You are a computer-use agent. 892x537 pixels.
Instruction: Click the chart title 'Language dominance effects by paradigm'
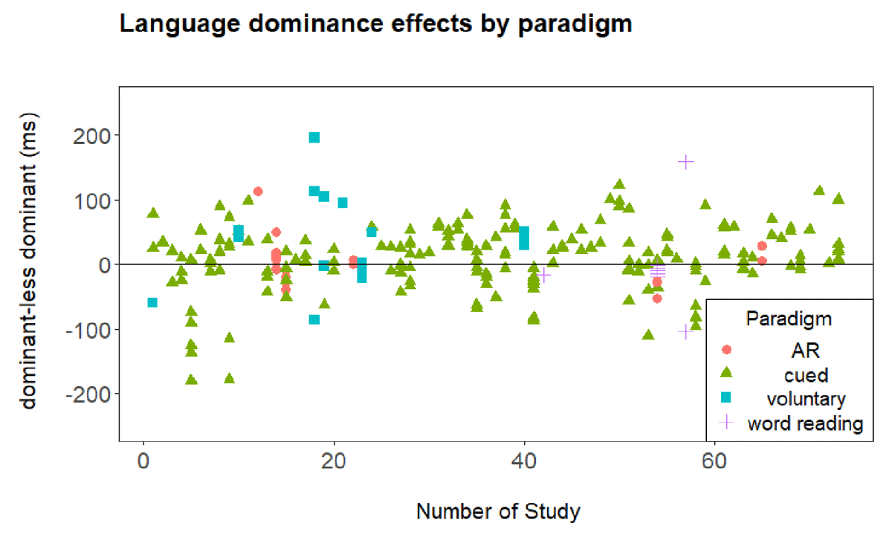coord(375,25)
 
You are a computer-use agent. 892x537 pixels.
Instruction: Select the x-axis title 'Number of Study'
coord(498,512)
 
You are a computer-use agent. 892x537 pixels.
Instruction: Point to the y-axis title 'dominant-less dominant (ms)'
coord(28,264)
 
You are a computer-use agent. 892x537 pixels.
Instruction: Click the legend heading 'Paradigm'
coord(789,319)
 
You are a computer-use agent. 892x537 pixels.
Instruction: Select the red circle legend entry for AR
coord(727,349)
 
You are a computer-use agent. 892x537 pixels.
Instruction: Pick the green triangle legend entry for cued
coord(727,374)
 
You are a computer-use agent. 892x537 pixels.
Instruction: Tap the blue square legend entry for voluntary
coord(727,398)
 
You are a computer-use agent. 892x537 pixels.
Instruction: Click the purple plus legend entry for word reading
coord(727,423)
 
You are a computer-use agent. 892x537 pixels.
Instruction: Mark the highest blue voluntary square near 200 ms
coord(314,137)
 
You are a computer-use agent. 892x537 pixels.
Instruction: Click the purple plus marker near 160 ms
coord(686,161)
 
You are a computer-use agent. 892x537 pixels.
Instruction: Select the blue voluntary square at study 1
coord(152,302)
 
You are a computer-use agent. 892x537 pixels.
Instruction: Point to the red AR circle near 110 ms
coord(258,192)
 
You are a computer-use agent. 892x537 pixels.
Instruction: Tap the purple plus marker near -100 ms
coord(685,331)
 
